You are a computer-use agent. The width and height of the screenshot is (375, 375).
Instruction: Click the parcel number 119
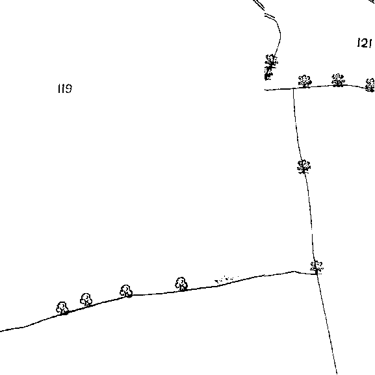click(x=65, y=88)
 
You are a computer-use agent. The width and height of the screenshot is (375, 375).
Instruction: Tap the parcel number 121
click(x=365, y=43)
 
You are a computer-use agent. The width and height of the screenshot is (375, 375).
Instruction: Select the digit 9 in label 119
click(x=68, y=88)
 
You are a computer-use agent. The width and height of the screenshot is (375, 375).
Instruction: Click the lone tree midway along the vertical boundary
click(x=304, y=166)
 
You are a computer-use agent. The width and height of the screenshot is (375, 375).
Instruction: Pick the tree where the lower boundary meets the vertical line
click(x=317, y=267)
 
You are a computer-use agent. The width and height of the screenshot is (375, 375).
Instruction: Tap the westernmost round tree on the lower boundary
click(x=62, y=308)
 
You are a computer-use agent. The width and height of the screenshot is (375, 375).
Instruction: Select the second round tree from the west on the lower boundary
click(x=86, y=300)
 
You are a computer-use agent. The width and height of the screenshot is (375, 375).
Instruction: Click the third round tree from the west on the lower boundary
click(x=126, y=291)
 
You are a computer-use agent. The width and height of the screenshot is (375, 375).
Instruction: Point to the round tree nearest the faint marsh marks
click(x=181, y=284)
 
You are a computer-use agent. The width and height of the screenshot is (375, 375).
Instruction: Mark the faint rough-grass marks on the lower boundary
click(x=226, y=279)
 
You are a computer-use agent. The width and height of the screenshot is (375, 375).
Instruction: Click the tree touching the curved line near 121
click(x=272, y=60)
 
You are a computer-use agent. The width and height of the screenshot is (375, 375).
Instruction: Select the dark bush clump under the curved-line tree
click(x=268, y=73)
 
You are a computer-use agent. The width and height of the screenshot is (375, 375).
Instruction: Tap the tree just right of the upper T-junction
click(x=305, y=81)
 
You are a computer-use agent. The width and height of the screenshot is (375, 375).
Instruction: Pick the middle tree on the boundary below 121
click(x=338, y=80)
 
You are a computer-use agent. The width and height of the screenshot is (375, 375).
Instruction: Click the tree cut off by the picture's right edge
click(x=370, y=85)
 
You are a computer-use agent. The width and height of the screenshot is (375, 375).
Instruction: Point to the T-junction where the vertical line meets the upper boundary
click(x=294, y=88)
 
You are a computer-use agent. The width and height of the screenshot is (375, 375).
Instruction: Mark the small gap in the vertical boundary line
click(x=311, y=231)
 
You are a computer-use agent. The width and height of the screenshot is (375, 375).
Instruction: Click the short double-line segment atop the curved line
click(x=270, y=16)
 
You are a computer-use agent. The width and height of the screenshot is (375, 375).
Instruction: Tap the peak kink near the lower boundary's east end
click(x=294, y=272)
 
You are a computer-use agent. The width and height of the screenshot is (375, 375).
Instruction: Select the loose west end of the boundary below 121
click(x=265, y=90)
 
